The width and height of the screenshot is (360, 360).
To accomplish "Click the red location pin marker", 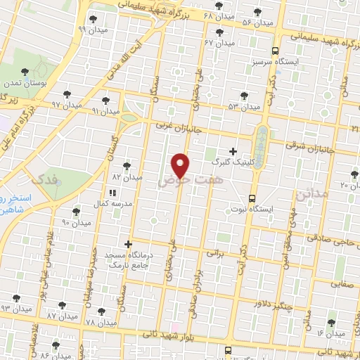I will click(181, 165).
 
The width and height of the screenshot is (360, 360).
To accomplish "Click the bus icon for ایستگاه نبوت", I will click(252, 198).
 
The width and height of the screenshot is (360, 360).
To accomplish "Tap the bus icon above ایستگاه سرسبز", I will click(276, 51).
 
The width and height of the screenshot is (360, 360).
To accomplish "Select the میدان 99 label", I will click(91, 30).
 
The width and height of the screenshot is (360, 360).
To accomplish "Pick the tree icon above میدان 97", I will click(67, 94).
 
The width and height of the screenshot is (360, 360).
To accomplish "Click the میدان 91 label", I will click(105, 111).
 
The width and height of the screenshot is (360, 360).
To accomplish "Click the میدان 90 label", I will click(76, 222).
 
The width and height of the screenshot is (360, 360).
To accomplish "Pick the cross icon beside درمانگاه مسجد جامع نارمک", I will click(127, 244).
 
